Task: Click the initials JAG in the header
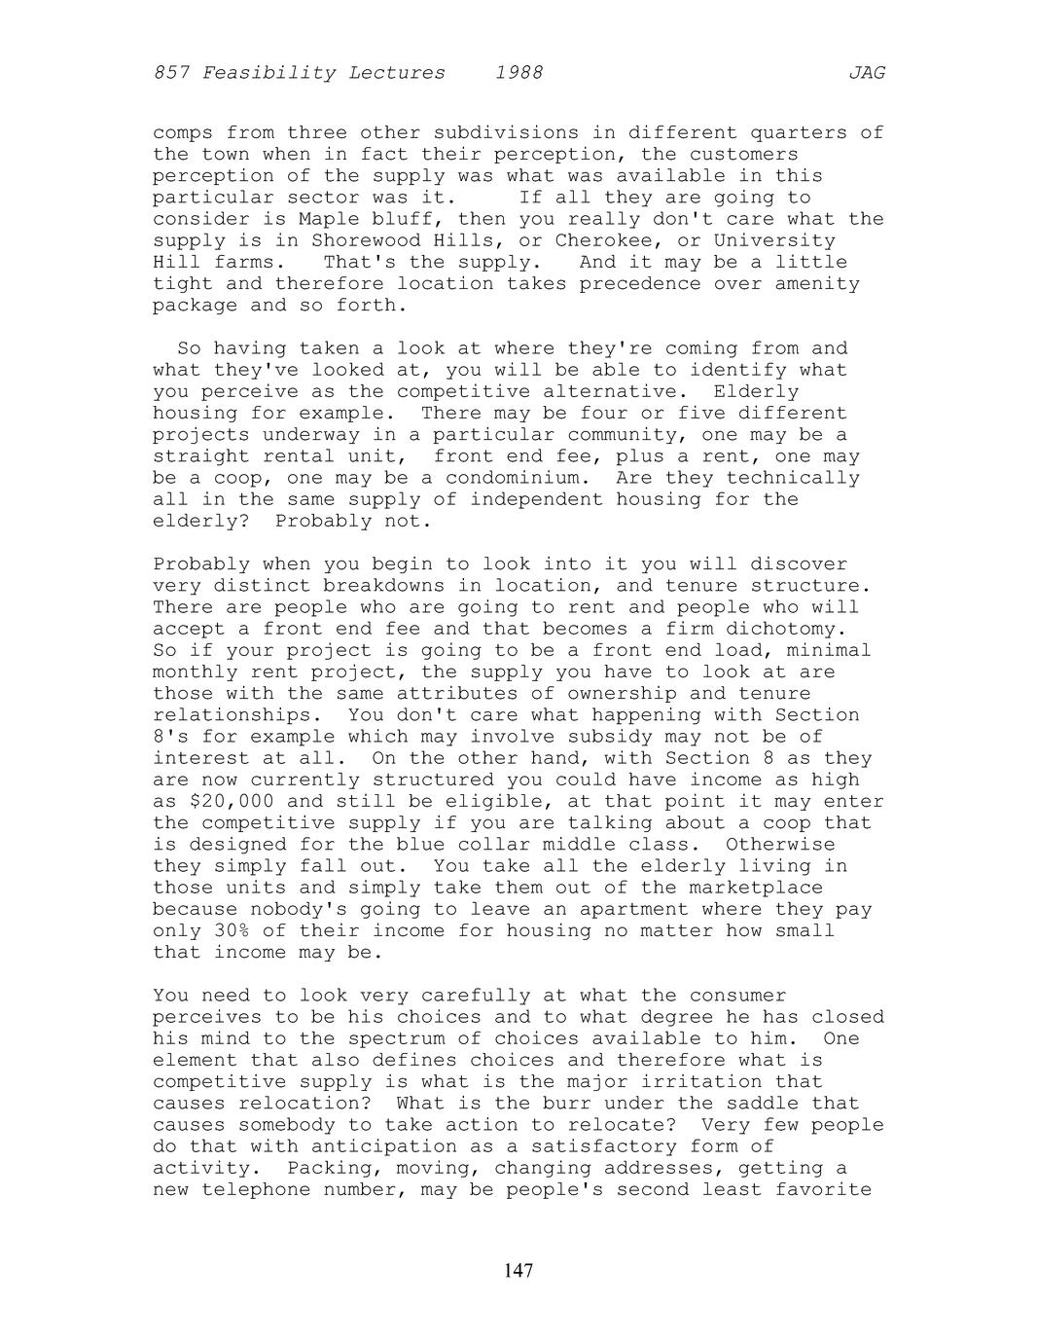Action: tap(866, 73)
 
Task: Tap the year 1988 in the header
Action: tap(518, 73)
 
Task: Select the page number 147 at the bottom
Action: tap(518, 1270)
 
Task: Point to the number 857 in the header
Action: tap(171, 73)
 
